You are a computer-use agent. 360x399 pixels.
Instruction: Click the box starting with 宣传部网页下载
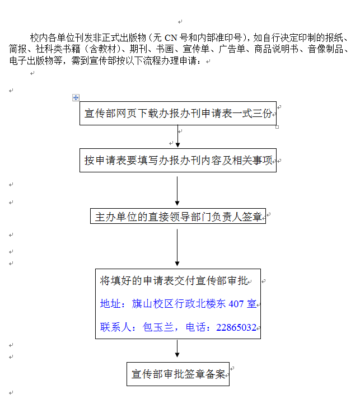[178, 114]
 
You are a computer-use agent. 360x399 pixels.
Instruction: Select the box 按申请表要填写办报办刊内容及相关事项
[178, 161]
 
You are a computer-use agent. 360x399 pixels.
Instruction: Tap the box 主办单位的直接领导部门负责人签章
[178, 217]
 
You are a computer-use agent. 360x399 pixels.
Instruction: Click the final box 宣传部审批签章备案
[178, 374]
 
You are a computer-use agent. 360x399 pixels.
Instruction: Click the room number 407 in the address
[236, 304]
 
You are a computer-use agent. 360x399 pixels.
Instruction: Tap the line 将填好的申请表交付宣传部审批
[172, 280]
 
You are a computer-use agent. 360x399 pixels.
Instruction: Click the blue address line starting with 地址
[178, 304]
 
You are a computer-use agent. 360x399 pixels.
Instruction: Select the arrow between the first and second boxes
[178, 138]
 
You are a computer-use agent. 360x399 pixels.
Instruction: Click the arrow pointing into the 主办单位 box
[177, 191]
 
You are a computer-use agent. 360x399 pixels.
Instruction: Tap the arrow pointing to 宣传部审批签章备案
[177, 349]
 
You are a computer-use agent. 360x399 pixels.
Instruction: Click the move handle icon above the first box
[76, 97]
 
